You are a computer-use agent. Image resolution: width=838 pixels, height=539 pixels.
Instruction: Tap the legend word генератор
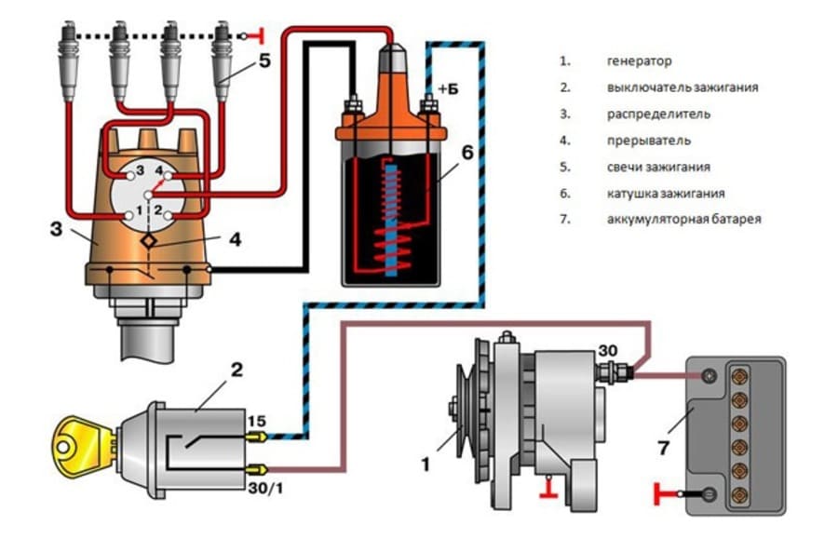[x=639, y=61]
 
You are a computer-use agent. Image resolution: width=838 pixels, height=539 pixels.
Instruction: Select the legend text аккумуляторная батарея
[x=683, y=220]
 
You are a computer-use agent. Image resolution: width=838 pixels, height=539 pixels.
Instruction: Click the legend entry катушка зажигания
[x=665, y=194]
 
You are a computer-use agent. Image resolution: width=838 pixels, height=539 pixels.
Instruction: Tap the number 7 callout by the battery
[x=662, y=449]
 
